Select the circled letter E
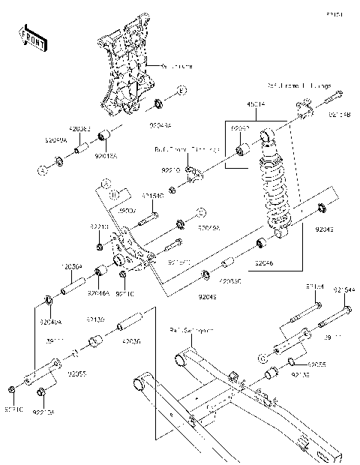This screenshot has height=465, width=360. point(182,91)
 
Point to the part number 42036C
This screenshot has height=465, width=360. point(229,282)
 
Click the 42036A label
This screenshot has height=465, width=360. point(70,266)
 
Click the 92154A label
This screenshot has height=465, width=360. point(344,289)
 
